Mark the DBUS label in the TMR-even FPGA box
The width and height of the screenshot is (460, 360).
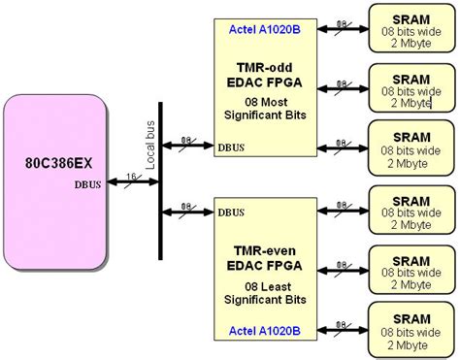pos(230,212)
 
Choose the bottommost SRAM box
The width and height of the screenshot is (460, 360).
pos(412,330)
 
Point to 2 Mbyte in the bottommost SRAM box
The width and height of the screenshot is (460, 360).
pos(412,344)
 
